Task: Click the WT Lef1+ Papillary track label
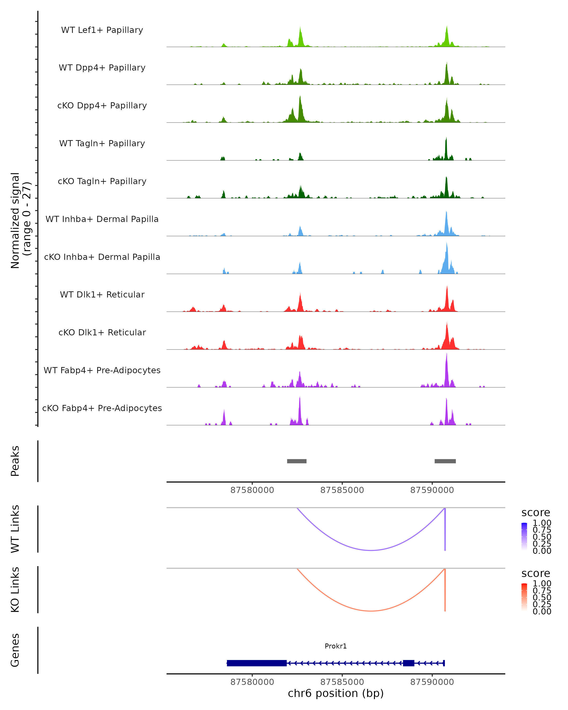tap(102, 30)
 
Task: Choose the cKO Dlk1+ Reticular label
tap(102, 332)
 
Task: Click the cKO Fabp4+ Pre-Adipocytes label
tap(102, 408)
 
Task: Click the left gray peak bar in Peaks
tap(297, 461)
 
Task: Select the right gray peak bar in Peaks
tap(445, 461)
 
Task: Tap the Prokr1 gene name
tap(336, 646)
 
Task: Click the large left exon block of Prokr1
tap(257, 663)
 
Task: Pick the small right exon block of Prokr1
tap(409, 663)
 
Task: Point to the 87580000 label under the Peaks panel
tap(252, 490)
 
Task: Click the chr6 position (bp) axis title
tap(336, 693)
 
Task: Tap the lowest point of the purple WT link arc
tap(371, 550)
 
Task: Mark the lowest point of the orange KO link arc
tap(371, 611)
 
